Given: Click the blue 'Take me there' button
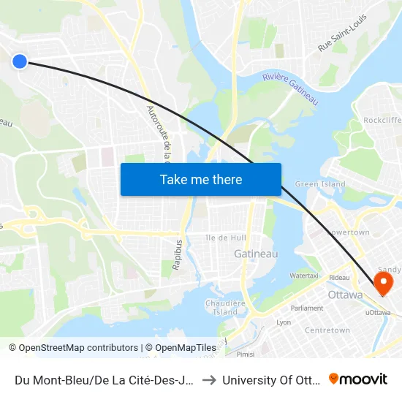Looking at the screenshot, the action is pyautogui.click(x=201, y=180).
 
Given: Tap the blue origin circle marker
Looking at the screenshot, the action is pyautogui.click(x=20, y=61).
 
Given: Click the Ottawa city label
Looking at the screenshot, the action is pyautogui.click(x=345, y=295).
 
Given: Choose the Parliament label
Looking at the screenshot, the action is pyautogui.click(x=307, y=308).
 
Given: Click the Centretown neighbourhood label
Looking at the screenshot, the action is pyautogui.click(x=327, y=330).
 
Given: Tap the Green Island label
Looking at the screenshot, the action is pyautogui.click(x=320, y=184).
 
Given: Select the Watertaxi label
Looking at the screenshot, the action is pyautogui.click(x=303, y=276).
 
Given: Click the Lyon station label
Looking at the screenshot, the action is pyautogui.click(x=284, y=322).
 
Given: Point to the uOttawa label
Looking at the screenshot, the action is pyautogui.click(x=377, y=313).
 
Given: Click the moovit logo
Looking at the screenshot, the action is pyautogui.click(x=358, y=379).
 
